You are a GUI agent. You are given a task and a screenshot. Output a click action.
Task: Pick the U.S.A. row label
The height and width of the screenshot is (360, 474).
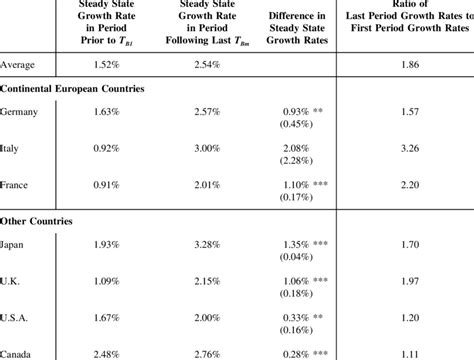(16, 315)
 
